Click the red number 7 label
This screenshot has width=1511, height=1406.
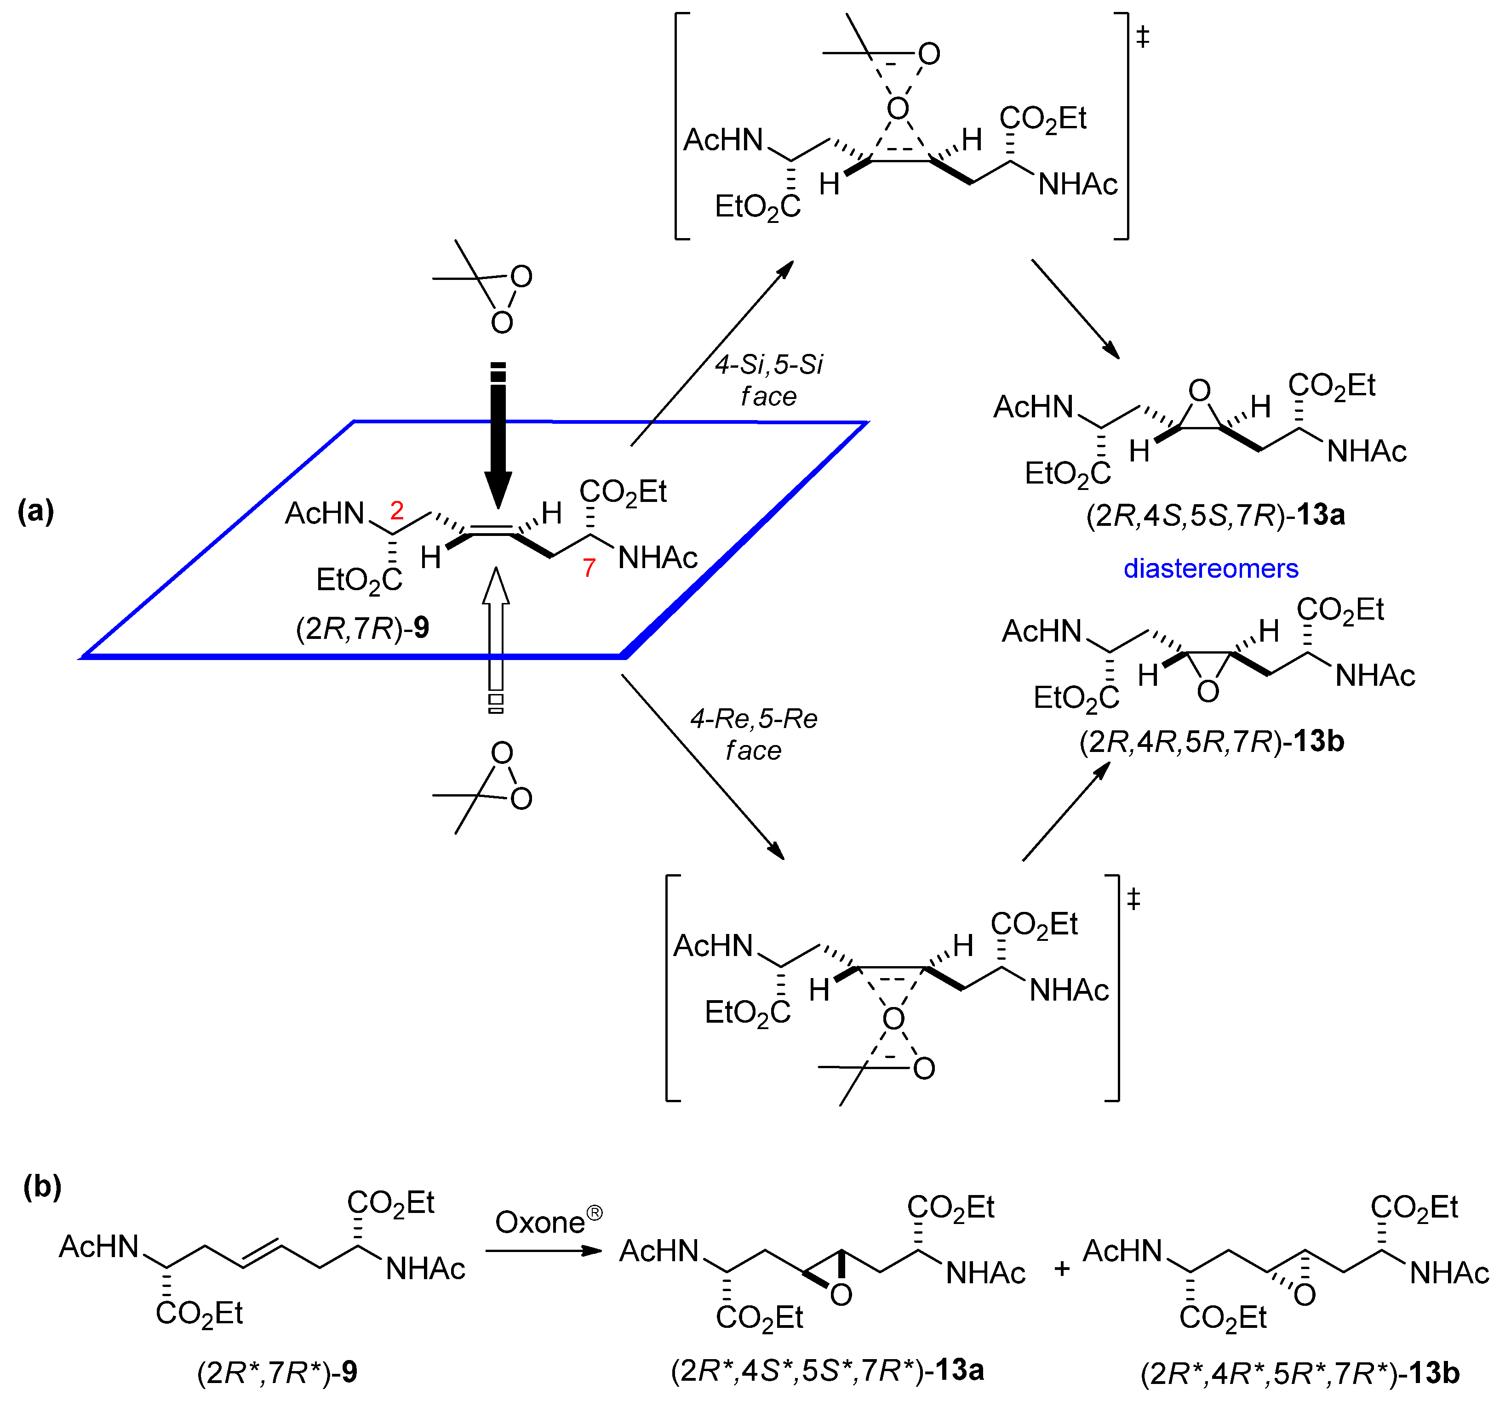pos(589,568)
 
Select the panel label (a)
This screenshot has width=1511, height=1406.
pos(36,511)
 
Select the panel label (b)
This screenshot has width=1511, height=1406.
pos(43,1186)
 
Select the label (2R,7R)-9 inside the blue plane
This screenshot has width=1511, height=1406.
pos(362,628)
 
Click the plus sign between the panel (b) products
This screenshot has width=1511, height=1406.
pos(1062,1269)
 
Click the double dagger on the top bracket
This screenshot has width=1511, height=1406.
pos(1142,36)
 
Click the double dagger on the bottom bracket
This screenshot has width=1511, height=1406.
pos(1133,899)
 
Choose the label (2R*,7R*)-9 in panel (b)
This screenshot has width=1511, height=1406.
pos(277,1372)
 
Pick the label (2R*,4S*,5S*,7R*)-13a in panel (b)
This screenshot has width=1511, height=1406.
pos(827,1370)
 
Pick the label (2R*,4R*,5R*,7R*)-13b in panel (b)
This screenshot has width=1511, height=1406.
pos(1299,1373)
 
